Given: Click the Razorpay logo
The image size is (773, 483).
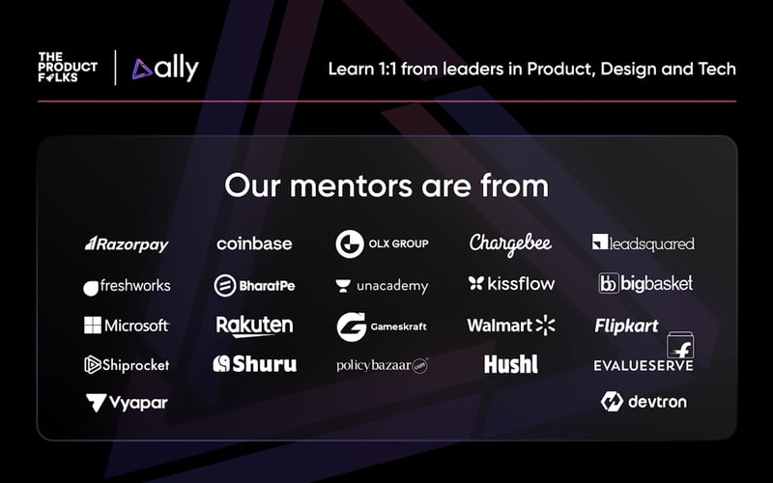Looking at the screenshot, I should click(127, 244).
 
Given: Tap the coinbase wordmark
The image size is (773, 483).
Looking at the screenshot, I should click(254, 243).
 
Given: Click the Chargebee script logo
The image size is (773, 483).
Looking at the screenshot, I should click(510, 244).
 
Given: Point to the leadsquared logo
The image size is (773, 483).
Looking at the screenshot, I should click(643, 243).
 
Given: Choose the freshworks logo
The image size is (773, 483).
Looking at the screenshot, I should click(127, 286).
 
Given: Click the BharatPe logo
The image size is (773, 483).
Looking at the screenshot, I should click(254, 285).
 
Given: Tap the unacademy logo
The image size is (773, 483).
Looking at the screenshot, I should click(382, 286).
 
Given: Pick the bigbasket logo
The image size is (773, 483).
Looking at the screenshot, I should click(645, 284).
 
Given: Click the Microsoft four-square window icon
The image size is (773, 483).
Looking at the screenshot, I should click(93, 326).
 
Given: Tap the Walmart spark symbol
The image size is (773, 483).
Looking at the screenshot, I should click(546, 325).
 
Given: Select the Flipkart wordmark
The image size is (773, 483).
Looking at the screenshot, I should click(626, 327).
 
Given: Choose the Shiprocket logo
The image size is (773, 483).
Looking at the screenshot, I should click(127, 365).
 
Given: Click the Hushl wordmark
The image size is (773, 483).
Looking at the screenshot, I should click(510, 364).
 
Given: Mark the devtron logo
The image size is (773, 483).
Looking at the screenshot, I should click(644, 401).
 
